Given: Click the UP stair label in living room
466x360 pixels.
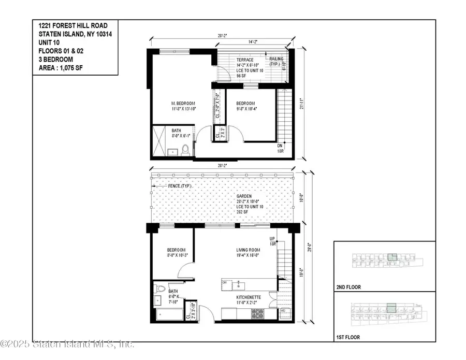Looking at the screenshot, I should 272,239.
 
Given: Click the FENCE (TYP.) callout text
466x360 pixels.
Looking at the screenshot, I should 179,185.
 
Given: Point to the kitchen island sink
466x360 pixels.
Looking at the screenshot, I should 240,284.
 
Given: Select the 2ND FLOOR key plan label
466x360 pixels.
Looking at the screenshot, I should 349,287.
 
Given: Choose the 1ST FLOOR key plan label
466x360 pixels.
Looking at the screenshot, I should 348,338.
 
